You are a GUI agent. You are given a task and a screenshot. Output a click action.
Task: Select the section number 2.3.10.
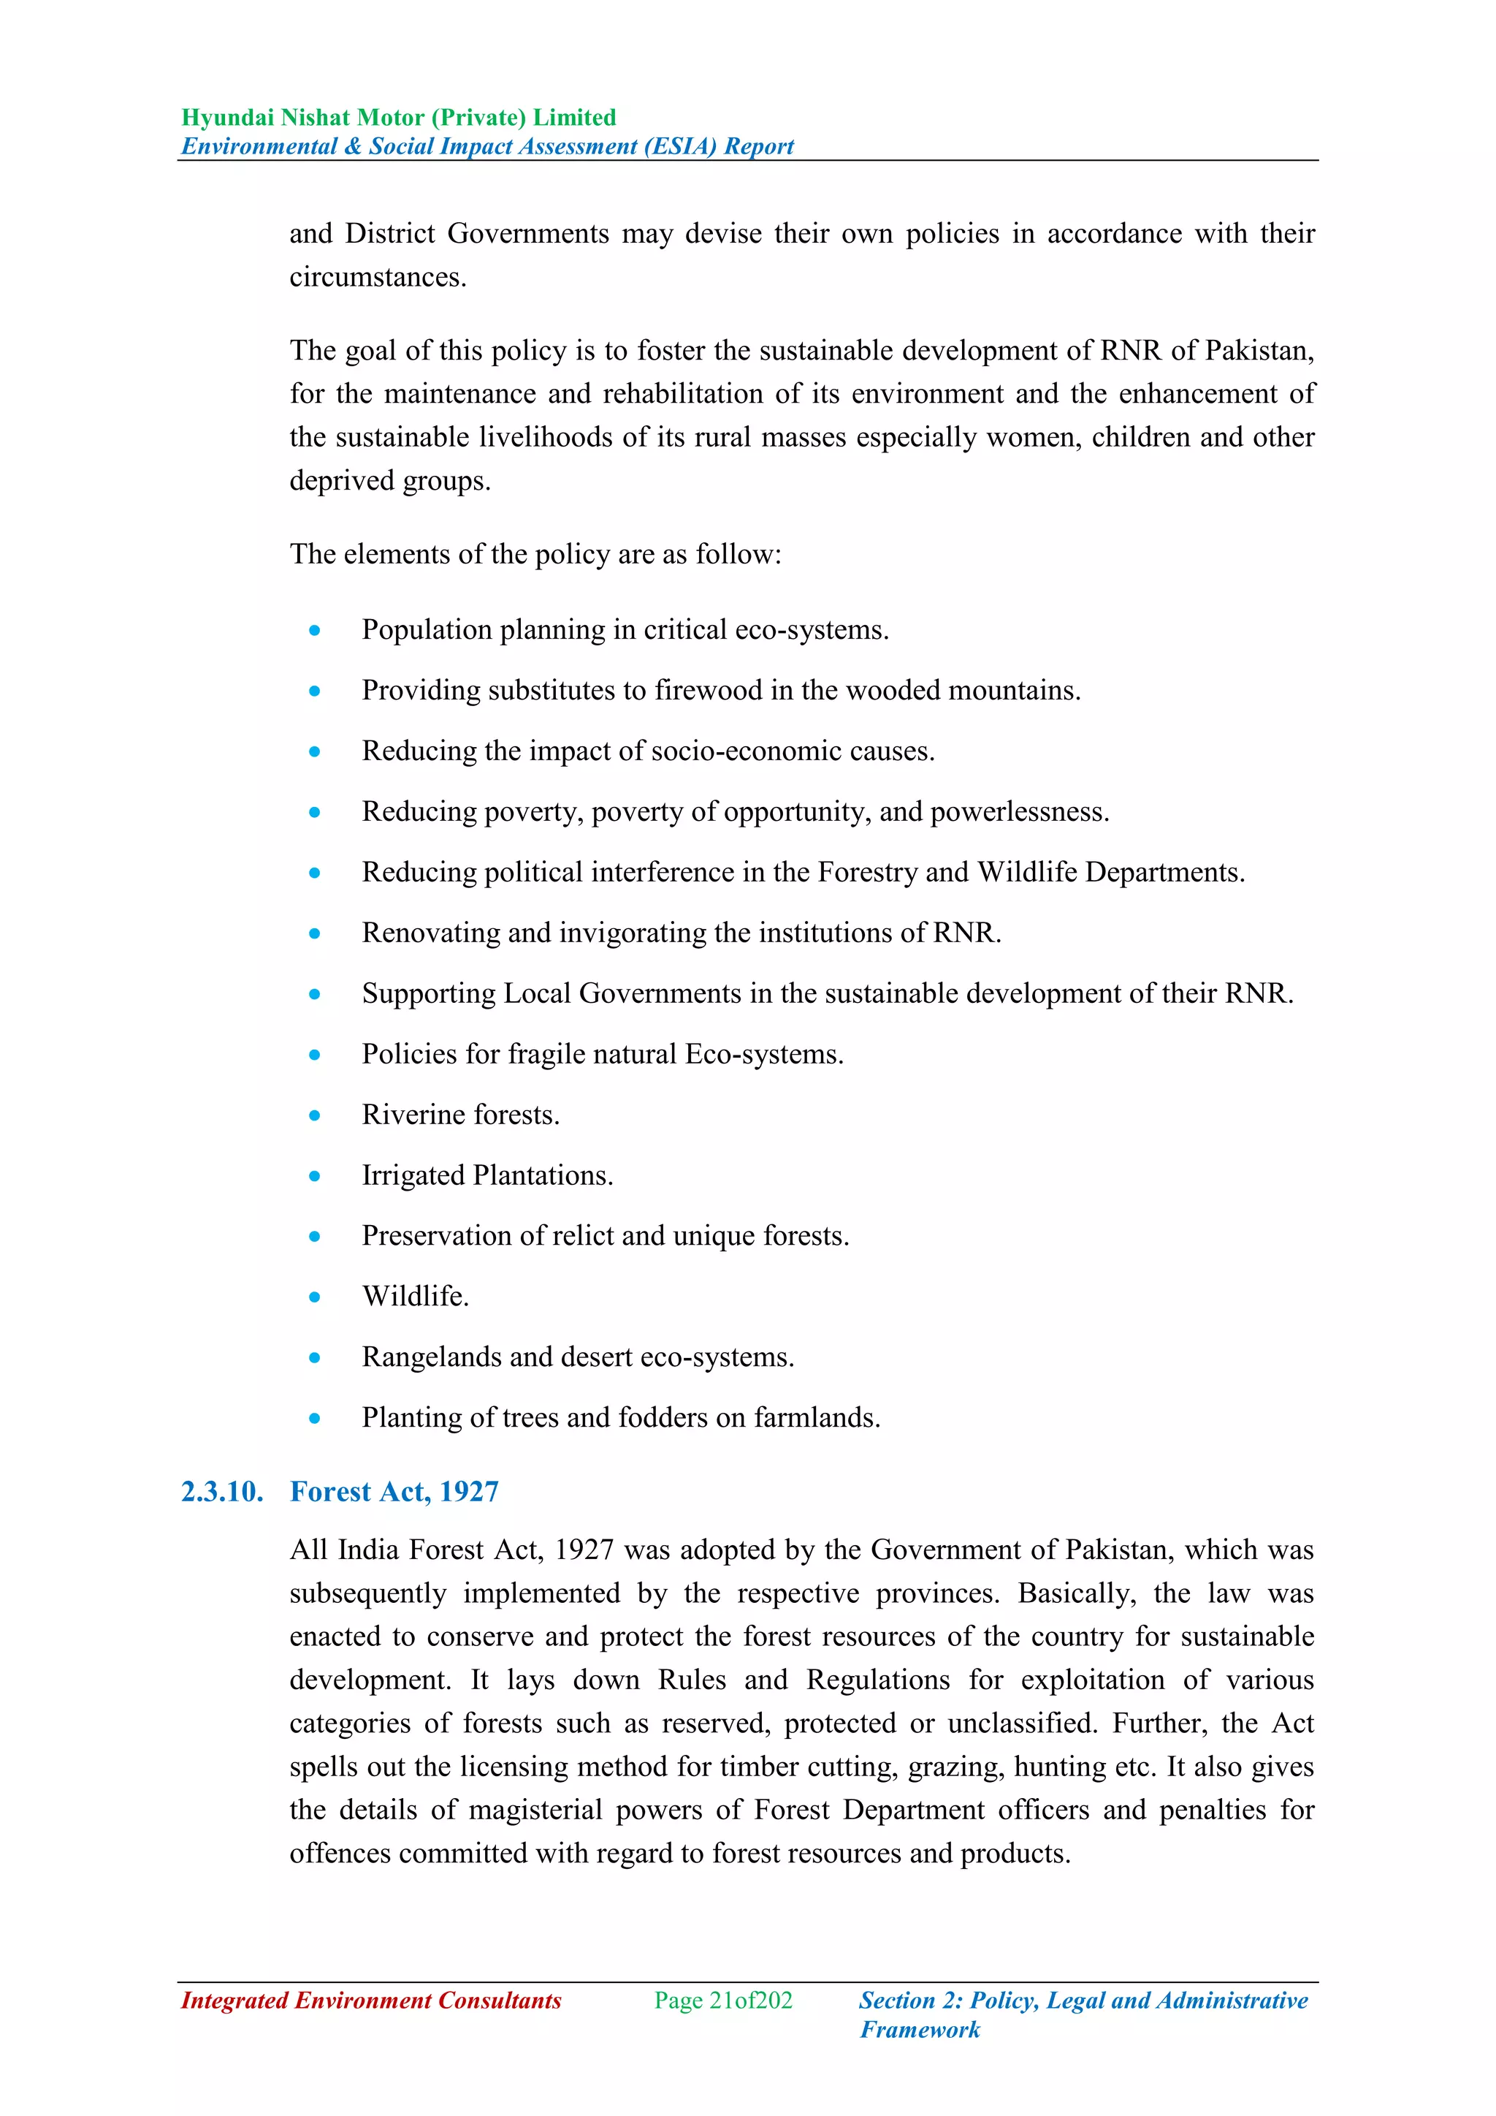[x=222, y=1491]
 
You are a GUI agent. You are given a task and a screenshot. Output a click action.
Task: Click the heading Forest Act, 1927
[x=394, y=1491]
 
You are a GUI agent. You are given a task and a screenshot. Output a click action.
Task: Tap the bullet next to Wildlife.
[x=315, y=1297]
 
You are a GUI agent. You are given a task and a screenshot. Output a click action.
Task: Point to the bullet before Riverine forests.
[x=315, y=1115]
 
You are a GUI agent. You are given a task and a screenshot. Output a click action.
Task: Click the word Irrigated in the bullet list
[x=413, y=1175]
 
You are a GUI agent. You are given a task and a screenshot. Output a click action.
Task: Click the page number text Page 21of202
[x=723, y=2000]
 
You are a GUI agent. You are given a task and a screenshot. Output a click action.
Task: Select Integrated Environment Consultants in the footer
[x=371, y=2000]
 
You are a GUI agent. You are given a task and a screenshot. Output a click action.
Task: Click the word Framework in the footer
[x=920, y=2029]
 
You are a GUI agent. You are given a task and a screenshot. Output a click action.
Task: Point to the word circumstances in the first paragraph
[x=377, y=278]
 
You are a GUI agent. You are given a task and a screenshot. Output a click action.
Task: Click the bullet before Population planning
[x=315, y=630]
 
